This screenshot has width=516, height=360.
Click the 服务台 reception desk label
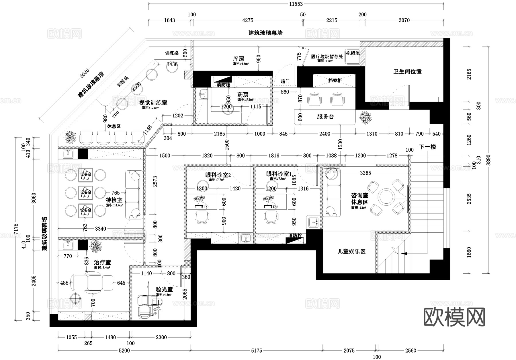[325, 117]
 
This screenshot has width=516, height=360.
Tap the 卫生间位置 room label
[407, 72]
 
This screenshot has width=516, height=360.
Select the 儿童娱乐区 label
[351, 252]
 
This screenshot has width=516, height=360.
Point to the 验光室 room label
[164, 289]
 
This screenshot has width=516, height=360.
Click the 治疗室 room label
[102, 262]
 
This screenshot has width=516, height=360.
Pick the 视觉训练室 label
[153, 103]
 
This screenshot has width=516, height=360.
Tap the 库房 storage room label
[239, 59]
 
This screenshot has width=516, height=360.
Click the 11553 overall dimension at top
[296, 4]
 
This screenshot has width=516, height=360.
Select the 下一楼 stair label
[427, 147]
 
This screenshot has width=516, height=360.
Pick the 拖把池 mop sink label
[352, 53]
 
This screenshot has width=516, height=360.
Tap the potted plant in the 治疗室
[95, 246]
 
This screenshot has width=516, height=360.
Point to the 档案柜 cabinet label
[334, 81]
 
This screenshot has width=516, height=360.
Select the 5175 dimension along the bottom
[256, 351]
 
